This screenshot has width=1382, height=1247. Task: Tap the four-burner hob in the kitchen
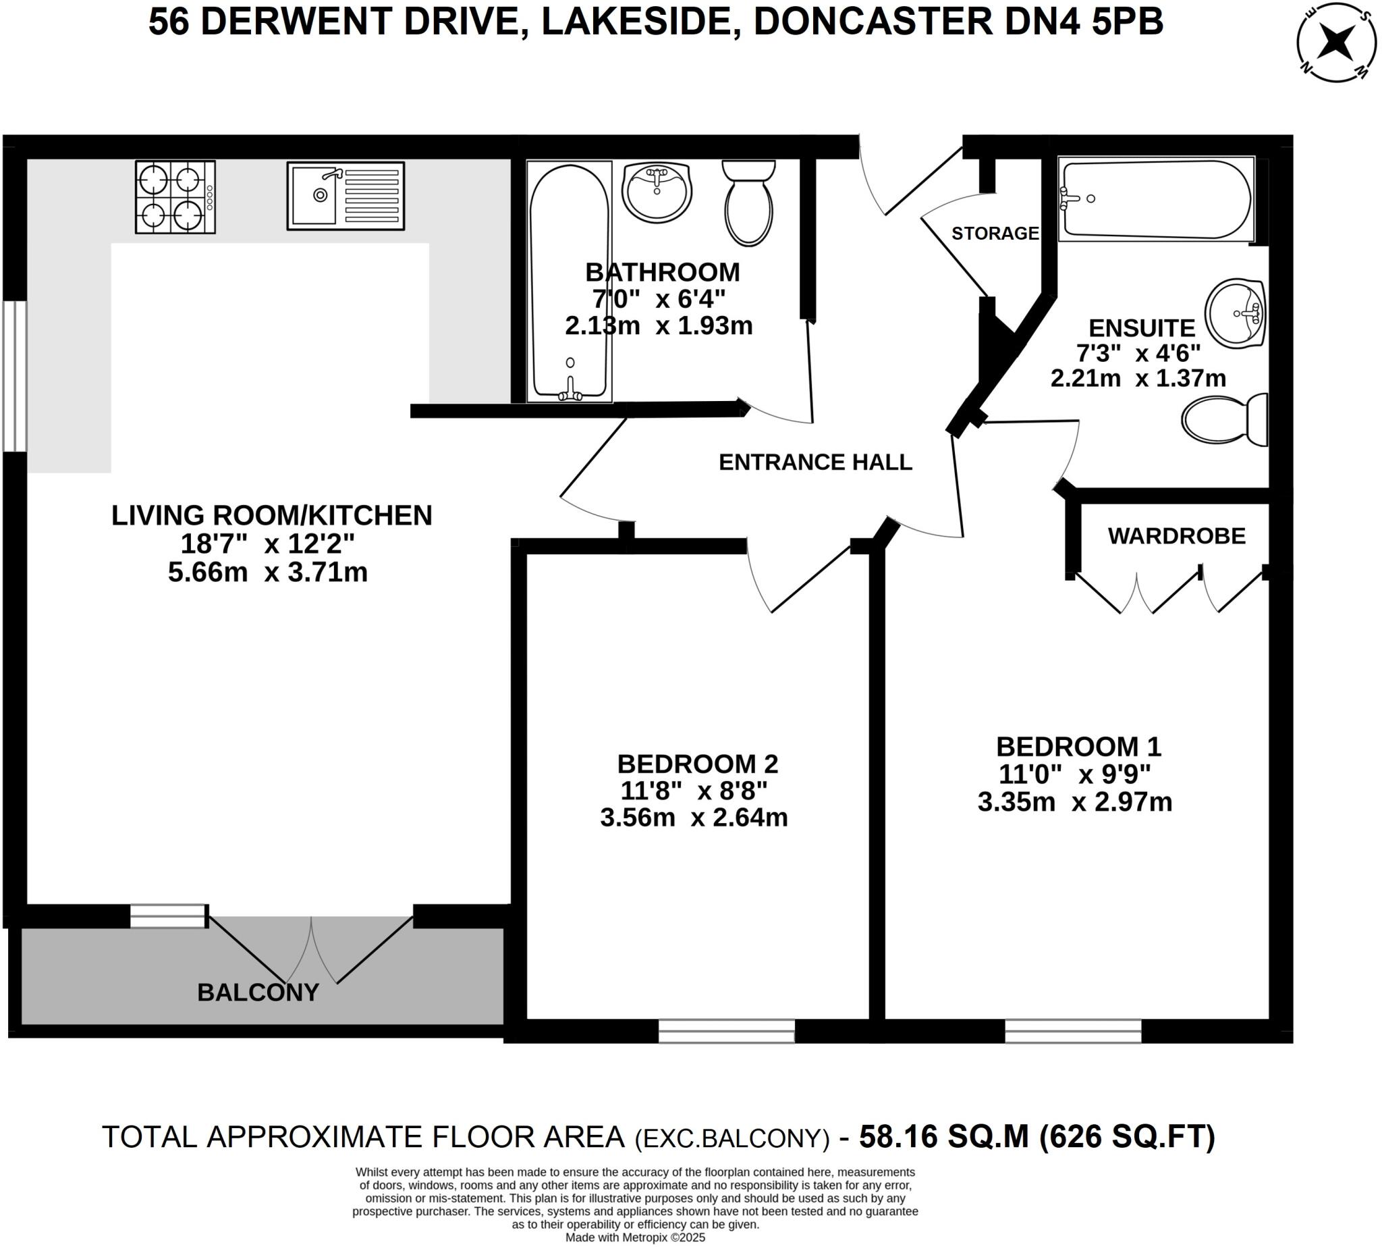tap(175, 196)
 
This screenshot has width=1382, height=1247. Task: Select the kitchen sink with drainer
tap(345, 195)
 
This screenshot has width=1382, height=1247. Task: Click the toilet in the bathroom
tap(749, 203)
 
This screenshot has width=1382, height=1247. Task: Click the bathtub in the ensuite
tap(1155, 199)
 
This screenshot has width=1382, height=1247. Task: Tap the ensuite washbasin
tap(1235, 313)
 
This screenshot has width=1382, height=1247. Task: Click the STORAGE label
tap(995, 234)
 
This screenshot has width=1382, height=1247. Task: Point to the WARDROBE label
tap(1176, 536)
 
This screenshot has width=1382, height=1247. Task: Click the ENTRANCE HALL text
tap(815, 462)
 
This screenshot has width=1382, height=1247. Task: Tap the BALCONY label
tap(258, 992)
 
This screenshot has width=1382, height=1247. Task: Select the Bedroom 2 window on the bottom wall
tap(726, 1030)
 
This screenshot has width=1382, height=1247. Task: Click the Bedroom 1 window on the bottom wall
tap(1072, 1030)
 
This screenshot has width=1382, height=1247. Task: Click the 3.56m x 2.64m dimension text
tap(694, 818)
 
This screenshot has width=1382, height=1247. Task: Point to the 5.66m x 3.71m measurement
tap(268, 572)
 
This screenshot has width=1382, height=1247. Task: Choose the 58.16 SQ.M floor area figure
tap(943, 1137)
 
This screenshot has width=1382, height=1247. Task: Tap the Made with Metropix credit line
tap(635, 1238)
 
